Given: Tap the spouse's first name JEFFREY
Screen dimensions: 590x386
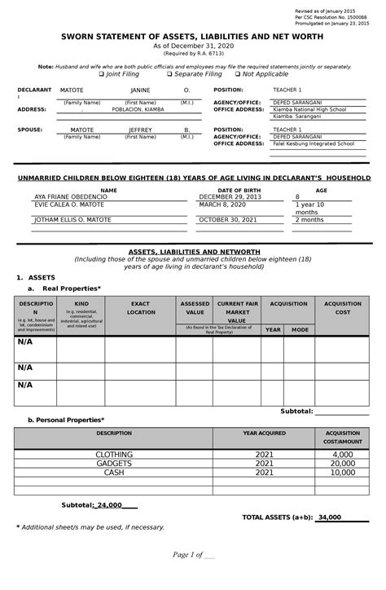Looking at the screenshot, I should point(140,130).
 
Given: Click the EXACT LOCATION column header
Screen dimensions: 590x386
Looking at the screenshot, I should point(141,308).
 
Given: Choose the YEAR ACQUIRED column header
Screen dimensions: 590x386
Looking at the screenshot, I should point(264,433).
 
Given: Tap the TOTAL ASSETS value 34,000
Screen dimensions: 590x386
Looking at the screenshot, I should point(330,517).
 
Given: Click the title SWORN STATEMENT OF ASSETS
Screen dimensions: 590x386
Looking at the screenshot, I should point(193,37).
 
